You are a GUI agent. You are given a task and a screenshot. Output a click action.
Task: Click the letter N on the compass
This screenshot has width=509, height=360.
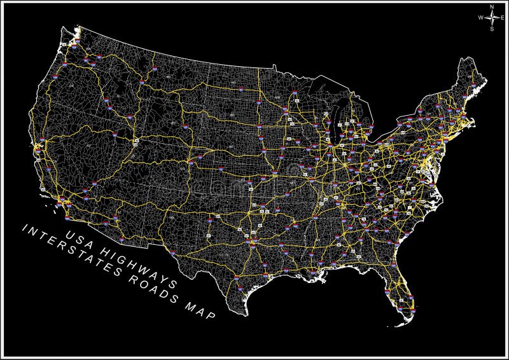point(492,7)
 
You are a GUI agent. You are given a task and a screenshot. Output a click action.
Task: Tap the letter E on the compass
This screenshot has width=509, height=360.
point(501,18)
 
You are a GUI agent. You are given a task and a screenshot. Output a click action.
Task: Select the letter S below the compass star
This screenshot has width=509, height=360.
point(492,29)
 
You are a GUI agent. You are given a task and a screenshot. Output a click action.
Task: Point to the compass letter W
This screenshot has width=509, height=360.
point(481,18)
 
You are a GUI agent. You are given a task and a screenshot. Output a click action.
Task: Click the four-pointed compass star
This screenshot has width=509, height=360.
point(492,18)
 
